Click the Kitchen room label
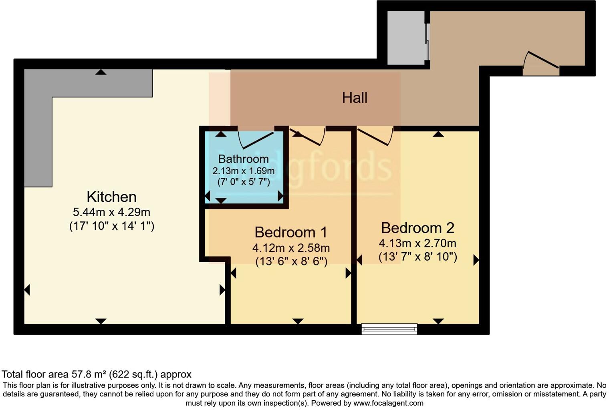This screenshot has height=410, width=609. click(111, 197)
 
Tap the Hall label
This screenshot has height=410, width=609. click(355, 98)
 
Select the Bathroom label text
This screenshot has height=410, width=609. click(243, 159)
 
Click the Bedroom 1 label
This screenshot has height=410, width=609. click(291, 232)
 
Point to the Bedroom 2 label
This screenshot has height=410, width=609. click(417, 227)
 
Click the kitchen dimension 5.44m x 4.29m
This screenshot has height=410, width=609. click(111, 212)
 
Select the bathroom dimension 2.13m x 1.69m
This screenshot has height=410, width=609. click(243, 171)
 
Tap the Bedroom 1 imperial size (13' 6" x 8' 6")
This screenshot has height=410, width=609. click(291, 261)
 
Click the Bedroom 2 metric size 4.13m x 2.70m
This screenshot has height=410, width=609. click(417, 243)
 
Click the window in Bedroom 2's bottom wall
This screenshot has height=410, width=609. click(389, 329)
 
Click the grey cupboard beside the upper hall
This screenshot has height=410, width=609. click(405, 38)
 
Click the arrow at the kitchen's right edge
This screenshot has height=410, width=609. click(222, 290)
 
